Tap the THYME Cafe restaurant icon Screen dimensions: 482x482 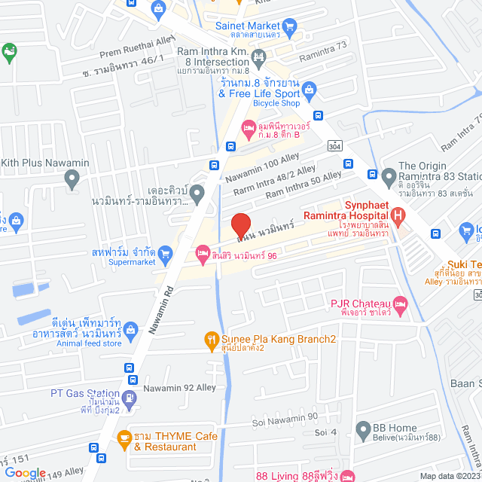point(122,436)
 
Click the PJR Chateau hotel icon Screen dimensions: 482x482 point(401,304)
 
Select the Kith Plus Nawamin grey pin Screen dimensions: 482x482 point(72,179)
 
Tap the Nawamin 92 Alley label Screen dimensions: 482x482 point(184,389)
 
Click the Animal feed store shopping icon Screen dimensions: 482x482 point(132,329)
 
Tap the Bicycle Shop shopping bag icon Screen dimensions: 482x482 point(309,91)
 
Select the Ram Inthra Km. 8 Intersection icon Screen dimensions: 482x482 point(259,56)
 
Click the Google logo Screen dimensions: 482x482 point(24,474)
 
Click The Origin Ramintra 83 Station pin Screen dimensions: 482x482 point(389,177)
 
